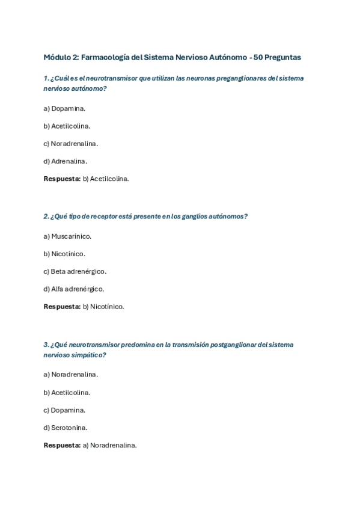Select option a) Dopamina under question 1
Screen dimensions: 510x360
64,109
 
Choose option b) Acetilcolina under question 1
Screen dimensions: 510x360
67,126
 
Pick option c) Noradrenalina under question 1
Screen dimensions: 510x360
70,144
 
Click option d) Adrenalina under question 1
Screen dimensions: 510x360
65,161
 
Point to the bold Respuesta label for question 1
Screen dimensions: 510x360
62,179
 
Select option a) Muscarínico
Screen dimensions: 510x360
67,236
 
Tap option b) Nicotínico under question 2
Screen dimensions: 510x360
64,254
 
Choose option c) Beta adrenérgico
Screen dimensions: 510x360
75,271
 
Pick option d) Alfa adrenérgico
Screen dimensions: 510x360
73,289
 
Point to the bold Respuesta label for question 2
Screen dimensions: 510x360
62,307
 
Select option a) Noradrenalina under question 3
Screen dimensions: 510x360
70,375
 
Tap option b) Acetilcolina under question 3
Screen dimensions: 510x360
67,393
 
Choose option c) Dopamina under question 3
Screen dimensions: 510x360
64,410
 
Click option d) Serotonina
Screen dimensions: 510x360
66,428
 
